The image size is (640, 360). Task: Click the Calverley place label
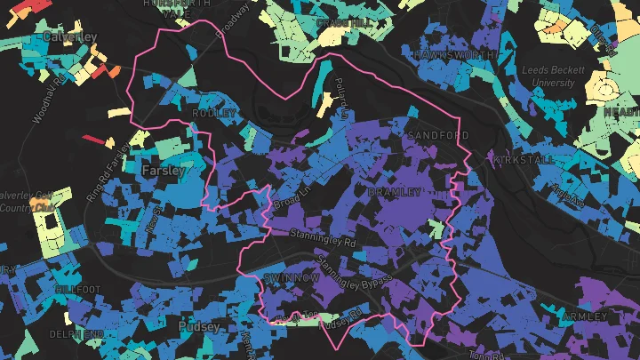69,36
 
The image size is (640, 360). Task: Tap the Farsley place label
162,168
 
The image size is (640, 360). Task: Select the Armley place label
585,316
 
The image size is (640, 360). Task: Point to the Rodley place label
214,114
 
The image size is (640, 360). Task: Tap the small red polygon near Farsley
92,140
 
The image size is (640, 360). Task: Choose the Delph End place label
77,333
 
